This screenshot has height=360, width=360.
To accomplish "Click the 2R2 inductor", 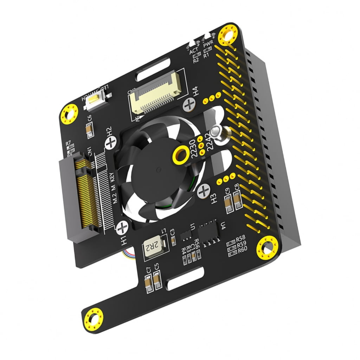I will point(152,247).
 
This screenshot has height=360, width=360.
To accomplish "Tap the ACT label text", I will point(194,52).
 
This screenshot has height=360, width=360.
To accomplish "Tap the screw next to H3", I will point(204,192).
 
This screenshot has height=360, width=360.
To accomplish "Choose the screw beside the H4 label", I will point(189,103).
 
